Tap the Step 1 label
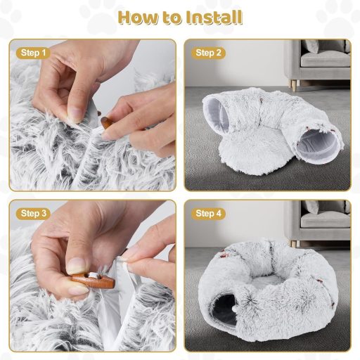tap(33, 53)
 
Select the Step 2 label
tap(208, 53)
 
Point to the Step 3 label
tap(33, 214)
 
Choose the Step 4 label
tap(208, 214)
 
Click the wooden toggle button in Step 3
tap(94, 281)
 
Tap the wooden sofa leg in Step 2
tap(295, 85)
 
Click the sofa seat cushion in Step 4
tap(325, 220)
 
